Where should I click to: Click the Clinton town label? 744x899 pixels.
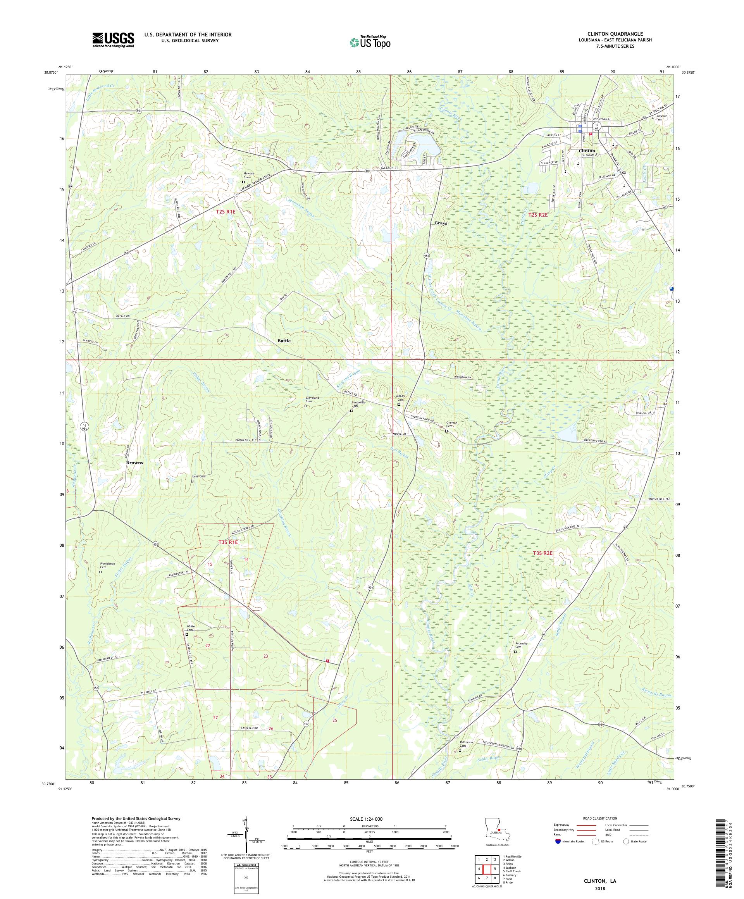(586, 151)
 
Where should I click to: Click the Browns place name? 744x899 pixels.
(134, 463)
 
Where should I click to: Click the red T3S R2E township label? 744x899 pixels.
(543, 553)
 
